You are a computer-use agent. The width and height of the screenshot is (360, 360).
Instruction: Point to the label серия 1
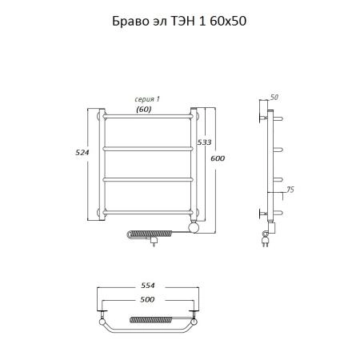tap(147, 98)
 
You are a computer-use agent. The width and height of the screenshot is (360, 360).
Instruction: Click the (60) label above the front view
tap(145, 108)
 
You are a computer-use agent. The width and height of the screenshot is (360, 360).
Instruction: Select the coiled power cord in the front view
tap(152, 234)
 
